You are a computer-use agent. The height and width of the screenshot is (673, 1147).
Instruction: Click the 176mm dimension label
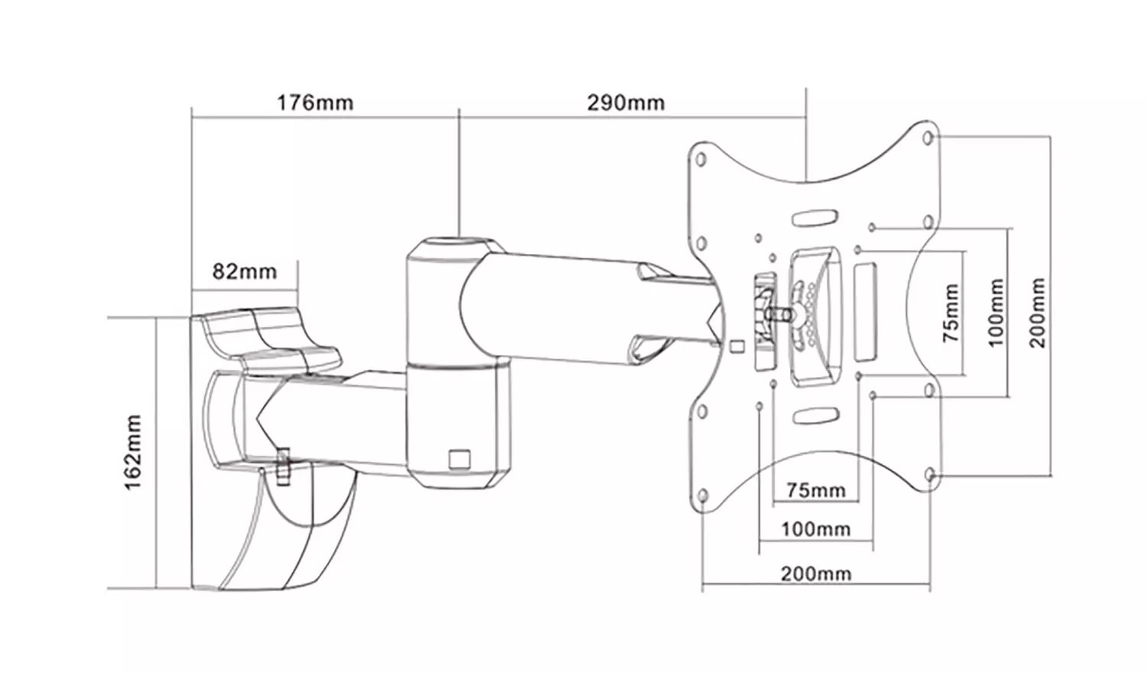[x=315, y=102]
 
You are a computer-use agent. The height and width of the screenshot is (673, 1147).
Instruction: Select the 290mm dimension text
[x=625, y=102]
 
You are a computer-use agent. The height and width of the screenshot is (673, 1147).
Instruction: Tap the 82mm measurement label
[x=244, y=271]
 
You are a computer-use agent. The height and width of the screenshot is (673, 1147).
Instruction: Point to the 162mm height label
[x=133, y=452]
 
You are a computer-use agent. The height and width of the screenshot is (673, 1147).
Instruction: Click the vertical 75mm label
[x=950, y=313]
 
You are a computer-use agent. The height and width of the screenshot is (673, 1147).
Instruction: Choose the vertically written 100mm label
[x=996, y=313]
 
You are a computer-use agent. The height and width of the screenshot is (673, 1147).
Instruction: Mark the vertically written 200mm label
[x=1037, y=313]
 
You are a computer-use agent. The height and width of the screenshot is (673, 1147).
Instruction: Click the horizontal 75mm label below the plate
[x=816, y=490]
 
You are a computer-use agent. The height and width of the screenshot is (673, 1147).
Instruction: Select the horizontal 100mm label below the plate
[x=816, y=528]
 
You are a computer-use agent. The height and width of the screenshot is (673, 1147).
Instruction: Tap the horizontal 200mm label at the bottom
[x=816, y=574]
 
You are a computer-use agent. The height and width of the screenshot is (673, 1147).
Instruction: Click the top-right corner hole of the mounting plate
[x=928, y=138]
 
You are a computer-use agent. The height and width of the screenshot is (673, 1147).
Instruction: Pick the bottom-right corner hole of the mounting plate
[x=930, y=475]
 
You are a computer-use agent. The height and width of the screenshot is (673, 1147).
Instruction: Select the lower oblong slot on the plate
[x=816, y=416]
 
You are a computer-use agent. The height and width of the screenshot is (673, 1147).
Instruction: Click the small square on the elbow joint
[x=460, y=458]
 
